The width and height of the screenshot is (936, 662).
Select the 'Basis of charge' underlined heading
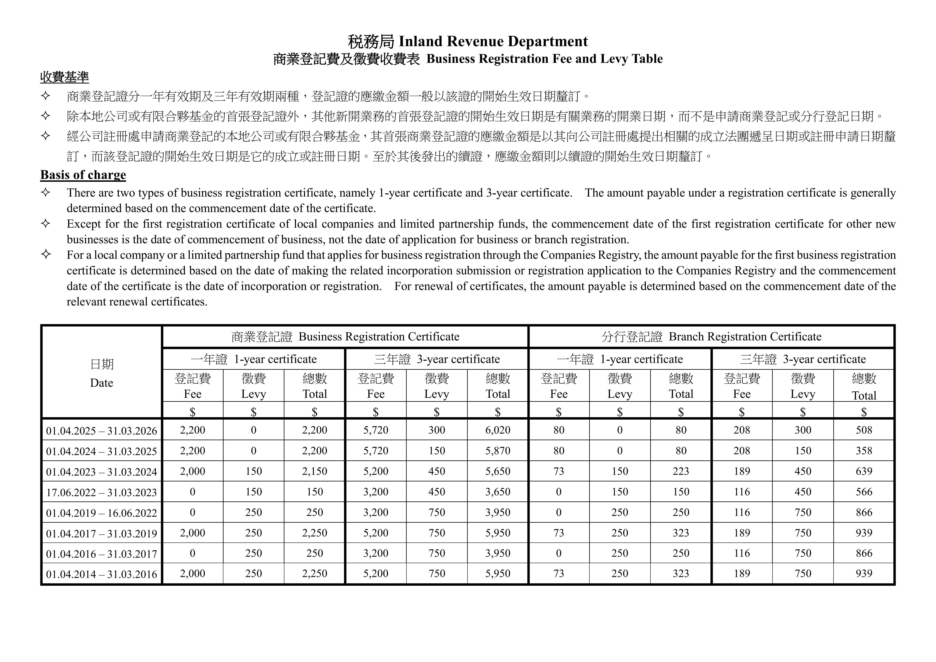83,175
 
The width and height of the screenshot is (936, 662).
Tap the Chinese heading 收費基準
64,77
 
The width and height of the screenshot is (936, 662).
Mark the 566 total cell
864,492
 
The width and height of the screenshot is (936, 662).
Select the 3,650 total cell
498,492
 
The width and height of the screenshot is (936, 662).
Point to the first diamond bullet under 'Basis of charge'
46,192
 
